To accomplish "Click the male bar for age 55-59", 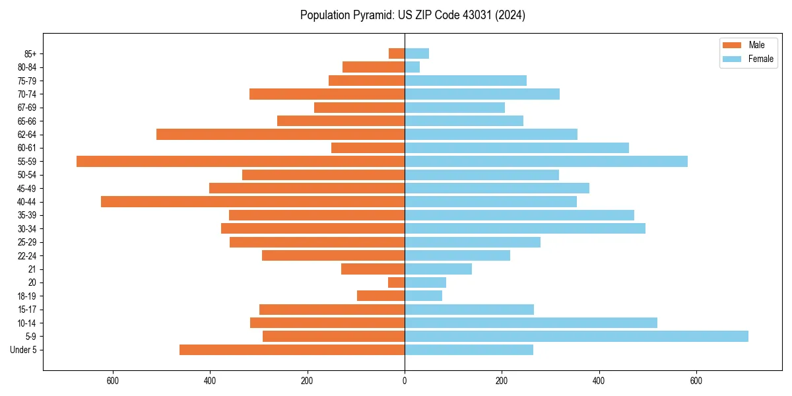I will (x=240, y=161).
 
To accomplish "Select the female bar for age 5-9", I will (x=576, y=337).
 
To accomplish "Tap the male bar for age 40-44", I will (x=253, y=201).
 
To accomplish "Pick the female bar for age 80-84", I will (x=412, y=67).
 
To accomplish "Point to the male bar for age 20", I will (x=396, y=282).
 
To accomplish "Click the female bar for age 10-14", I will (x=531, y=323).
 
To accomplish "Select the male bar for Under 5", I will (x=292, y=350).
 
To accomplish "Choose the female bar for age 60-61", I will (x=517, y=148).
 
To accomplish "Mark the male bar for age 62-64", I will (x=280, y=134).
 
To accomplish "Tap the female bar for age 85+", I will (x=416, y=53).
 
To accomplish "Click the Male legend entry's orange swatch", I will (x=732, y=45).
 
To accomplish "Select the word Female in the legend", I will (x=760, y=59).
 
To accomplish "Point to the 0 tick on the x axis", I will (x=405, y=381).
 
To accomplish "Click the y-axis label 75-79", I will (x=27, y=81).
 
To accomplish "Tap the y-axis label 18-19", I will (x=27, y=296).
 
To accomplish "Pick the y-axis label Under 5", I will (x=24, y=350).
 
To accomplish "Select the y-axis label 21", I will (x=32, y=269).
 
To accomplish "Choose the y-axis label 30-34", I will (x=27, y=229).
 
